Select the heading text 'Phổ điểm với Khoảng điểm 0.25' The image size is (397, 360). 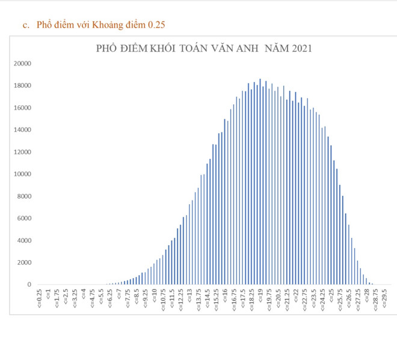tap(100, 25)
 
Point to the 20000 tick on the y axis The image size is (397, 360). tap(22, 63)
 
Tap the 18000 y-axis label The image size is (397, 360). tap(22, 85)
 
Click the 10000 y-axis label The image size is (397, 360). tap(22, 174)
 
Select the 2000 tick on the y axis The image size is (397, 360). tap(24, 262)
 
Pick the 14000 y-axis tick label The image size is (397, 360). tap(22, 129)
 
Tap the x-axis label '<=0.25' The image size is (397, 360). tap(40, 298)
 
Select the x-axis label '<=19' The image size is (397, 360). tap(260, 296)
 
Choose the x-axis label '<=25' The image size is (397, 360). tap(331, 296)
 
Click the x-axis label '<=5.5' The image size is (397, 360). tap(102, 297)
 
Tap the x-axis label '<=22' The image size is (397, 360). tap(295, 296)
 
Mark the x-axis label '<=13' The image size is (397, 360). tap(189, 296)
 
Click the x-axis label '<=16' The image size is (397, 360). tap(225, 296)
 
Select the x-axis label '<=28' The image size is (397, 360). tap(366, 296)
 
